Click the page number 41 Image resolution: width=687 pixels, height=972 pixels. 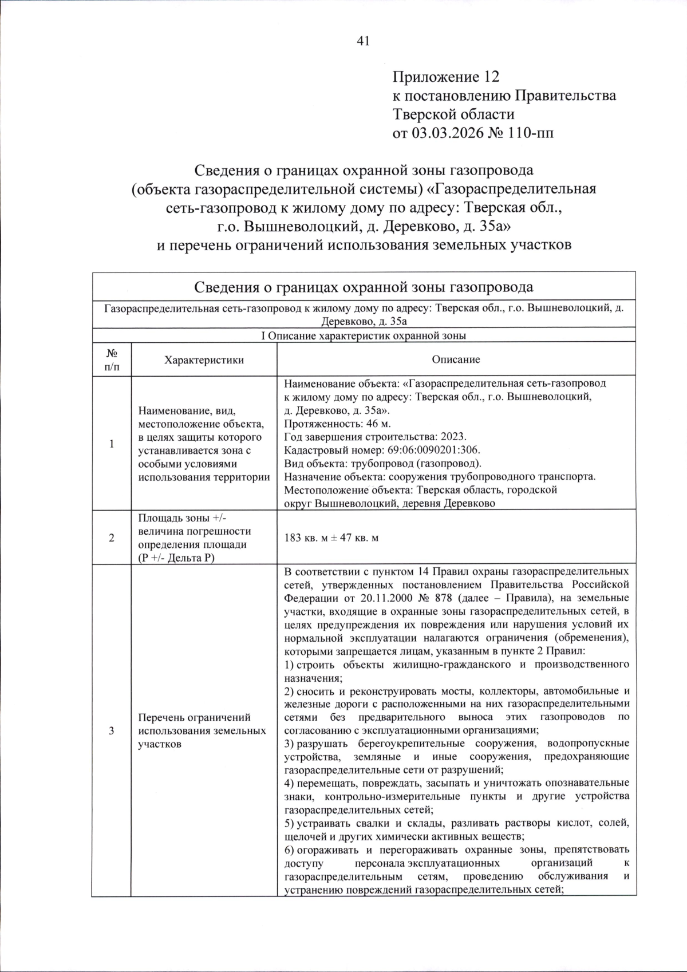click(x=364, y=40)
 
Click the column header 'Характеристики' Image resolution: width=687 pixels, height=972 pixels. click(x=204, y=360)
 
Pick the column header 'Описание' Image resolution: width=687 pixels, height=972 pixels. click(x=456, y=359)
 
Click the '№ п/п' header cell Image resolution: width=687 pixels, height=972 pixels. click(x=112, y=360)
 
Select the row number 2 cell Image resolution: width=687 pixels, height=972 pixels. click(x=112, y=538)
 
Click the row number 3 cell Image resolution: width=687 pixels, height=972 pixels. click(x=112, y=730)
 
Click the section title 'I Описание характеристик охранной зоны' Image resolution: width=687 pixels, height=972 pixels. click(x=364, y=336)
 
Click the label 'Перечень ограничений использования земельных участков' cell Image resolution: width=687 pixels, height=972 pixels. click(x=202, y=730)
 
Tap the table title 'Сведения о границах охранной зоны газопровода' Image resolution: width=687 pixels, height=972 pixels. click(x=364, y=287)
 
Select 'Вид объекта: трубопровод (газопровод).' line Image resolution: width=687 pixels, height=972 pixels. click(x=382, y=463)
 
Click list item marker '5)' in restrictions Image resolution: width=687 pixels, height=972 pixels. click(x=289, y=823)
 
